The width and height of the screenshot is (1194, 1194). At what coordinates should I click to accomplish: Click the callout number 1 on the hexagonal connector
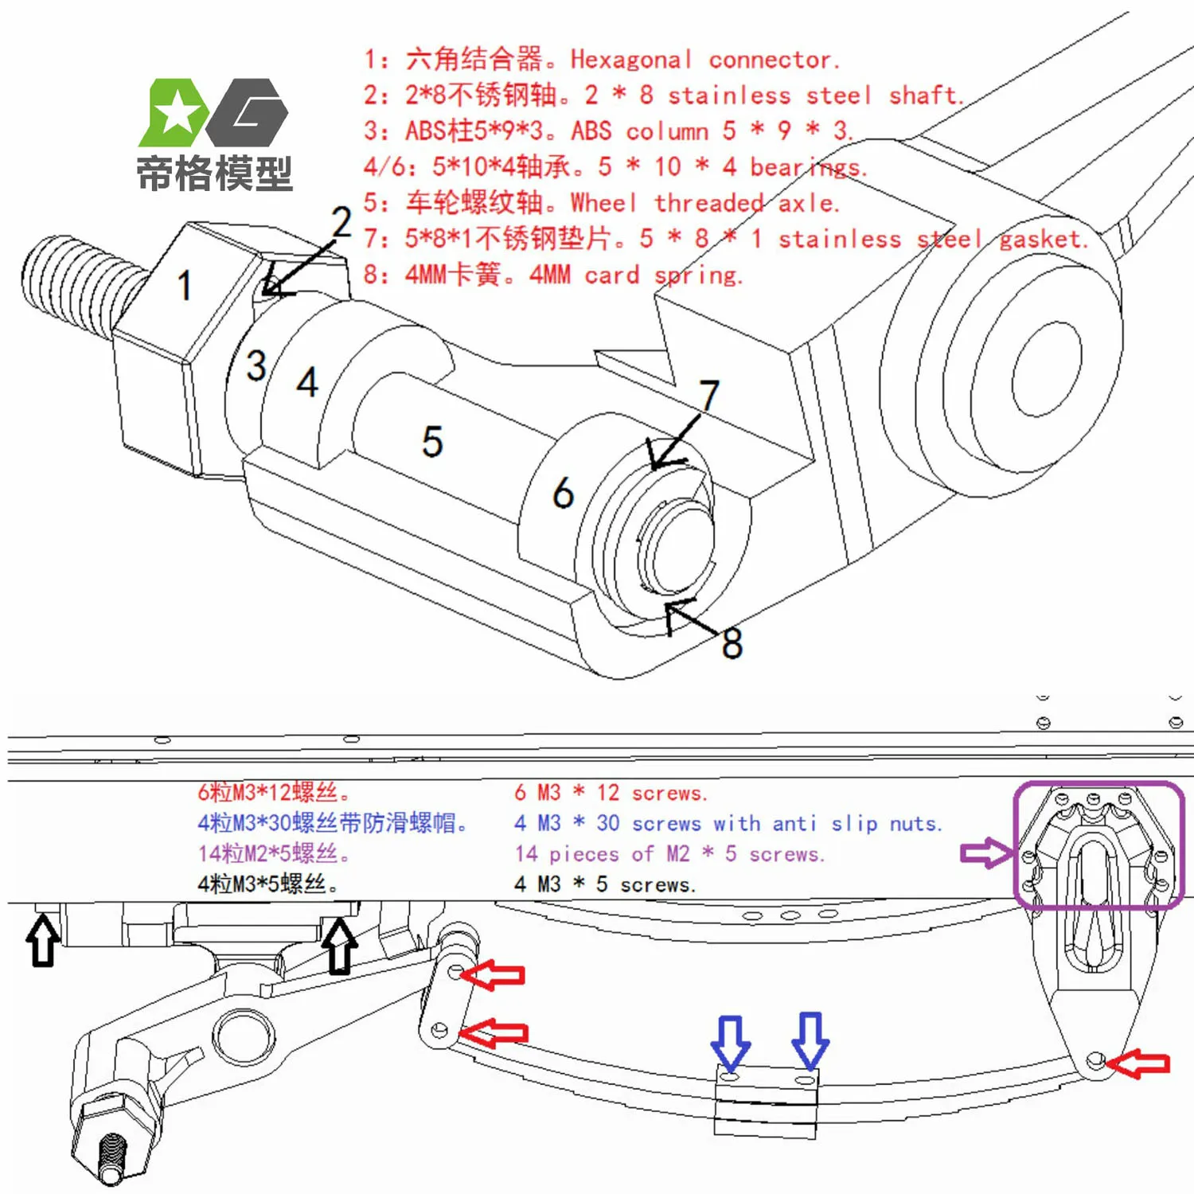click(184, 285)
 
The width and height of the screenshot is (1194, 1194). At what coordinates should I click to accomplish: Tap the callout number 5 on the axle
click(431, 441)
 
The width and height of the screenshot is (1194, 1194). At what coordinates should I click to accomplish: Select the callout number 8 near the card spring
click(732, 643)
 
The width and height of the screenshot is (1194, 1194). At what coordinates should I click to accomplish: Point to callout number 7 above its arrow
click(708, 395)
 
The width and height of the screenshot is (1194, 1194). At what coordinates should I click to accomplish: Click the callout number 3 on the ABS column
click(256, 365)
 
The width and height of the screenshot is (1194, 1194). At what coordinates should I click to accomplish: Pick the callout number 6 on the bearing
click(563, 493)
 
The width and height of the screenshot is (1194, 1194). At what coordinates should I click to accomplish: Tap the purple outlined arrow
click(986, 853)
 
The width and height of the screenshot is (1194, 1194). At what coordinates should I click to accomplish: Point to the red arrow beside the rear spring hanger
click(1140, 1063)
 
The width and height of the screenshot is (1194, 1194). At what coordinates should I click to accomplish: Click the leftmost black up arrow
click(43, 940)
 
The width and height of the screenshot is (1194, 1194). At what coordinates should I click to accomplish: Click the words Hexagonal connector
click(704, 60)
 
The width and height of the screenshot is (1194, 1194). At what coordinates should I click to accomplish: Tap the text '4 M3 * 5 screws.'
click(605, 884)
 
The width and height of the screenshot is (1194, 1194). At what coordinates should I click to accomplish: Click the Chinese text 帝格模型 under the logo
click(214, 174)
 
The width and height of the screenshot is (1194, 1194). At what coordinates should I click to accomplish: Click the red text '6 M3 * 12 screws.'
click(611, 793)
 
